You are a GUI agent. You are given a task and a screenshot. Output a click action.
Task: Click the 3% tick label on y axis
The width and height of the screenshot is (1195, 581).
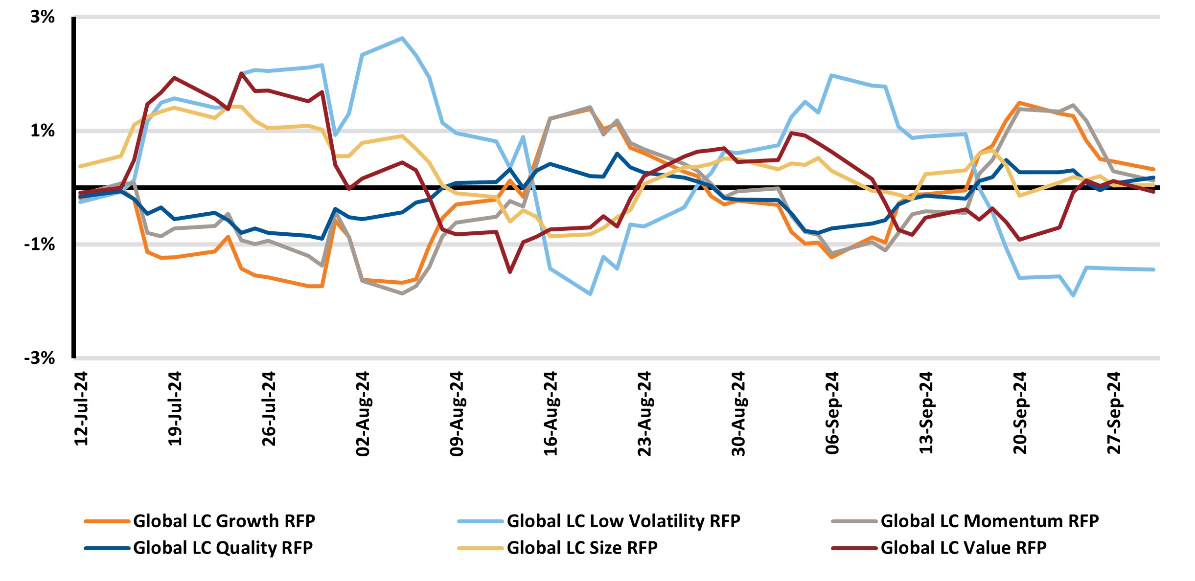coord(42,17)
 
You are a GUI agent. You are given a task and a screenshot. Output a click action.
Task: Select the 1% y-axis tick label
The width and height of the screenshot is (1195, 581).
coord(42,131)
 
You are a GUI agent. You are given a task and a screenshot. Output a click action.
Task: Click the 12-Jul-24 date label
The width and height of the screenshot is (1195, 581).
coord(81,409)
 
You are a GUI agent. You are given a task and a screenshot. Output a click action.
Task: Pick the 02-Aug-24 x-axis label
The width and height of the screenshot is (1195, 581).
coord(363,414)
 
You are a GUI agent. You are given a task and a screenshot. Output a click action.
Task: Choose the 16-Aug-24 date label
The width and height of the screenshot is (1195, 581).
coord(551,414)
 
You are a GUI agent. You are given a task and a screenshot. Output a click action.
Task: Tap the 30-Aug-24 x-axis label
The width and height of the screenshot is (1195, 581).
coord(738,414)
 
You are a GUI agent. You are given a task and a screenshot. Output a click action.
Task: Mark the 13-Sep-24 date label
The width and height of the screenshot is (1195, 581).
coord(926,413)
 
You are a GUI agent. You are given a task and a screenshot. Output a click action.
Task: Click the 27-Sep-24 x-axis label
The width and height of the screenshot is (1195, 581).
coord(1113,413)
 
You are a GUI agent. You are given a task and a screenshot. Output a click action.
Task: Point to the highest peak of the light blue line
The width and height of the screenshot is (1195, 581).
coord(402,38)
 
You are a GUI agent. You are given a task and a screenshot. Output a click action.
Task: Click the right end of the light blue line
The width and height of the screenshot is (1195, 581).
coord(1154,269)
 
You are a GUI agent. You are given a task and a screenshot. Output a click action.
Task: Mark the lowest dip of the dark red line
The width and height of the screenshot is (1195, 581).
coord(510,272)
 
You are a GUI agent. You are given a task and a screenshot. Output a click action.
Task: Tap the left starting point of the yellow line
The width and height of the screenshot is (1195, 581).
coord(80,166)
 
